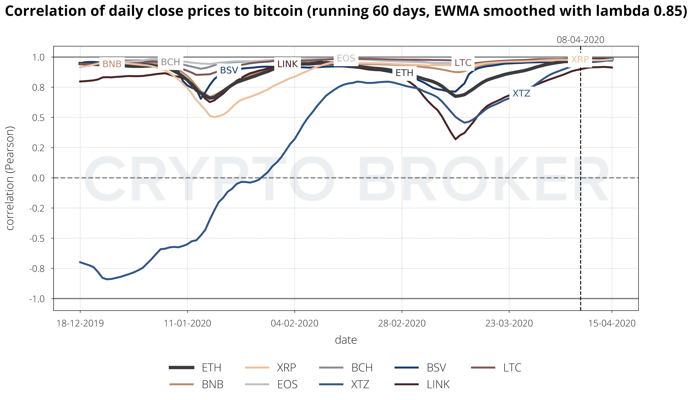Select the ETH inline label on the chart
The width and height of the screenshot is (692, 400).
[404, 73]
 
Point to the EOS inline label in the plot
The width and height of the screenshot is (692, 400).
[346, 58]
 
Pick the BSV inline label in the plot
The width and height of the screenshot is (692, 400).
[229, 71]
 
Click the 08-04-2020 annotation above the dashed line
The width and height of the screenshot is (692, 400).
[580, 40]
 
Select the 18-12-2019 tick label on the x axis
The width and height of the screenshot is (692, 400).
[80, 323]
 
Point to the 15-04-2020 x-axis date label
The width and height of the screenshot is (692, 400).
[612, 323]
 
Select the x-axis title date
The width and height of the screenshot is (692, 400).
[346, 340]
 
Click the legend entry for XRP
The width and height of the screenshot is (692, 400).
[286, 368]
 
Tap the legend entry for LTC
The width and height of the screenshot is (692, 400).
[512, 368]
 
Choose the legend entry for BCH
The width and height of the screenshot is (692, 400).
[362, 368]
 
